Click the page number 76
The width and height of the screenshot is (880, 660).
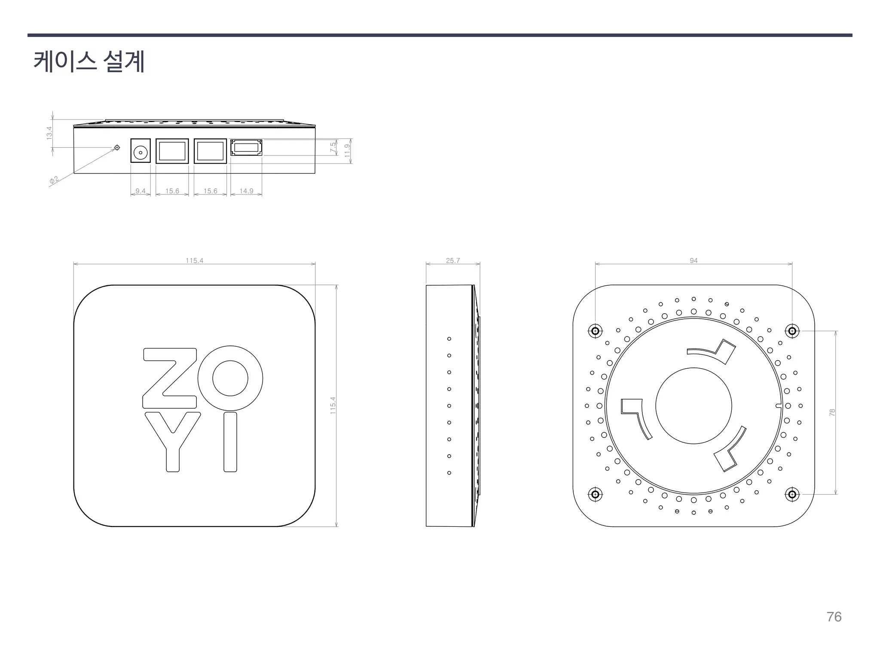[x=834, y=617]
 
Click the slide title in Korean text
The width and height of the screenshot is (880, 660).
[x=89, y=61]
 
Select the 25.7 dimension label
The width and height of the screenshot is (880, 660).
[x=453, y=260]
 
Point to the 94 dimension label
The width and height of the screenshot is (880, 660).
[x=694, y=260]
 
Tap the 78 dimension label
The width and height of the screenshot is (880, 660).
[x=832, y=412]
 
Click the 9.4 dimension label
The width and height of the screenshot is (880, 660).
[x=141, y=191]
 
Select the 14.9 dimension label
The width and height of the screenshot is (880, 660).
[x=246, y=191]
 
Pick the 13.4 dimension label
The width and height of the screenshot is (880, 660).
[x=49, y=133]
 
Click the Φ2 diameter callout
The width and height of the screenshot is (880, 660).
[x=54, y=180]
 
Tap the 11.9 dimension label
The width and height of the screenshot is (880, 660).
[x=348, y=150]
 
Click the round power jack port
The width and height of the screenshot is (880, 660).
[x=141, y=151]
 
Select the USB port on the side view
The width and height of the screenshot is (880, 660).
[x=246, y=148]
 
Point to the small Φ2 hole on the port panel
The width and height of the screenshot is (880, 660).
[x=117, y=148]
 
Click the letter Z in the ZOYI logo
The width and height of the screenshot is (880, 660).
[x=169, y=378]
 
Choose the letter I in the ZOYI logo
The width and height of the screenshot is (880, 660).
[x=230, y=442]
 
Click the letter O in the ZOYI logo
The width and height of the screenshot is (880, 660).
[x=230, y=378]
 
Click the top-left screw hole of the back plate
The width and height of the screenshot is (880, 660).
[x=595, y=331]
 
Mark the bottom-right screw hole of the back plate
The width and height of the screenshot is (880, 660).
[x=792, y=494]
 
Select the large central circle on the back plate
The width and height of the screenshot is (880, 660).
[x=694, y=406]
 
